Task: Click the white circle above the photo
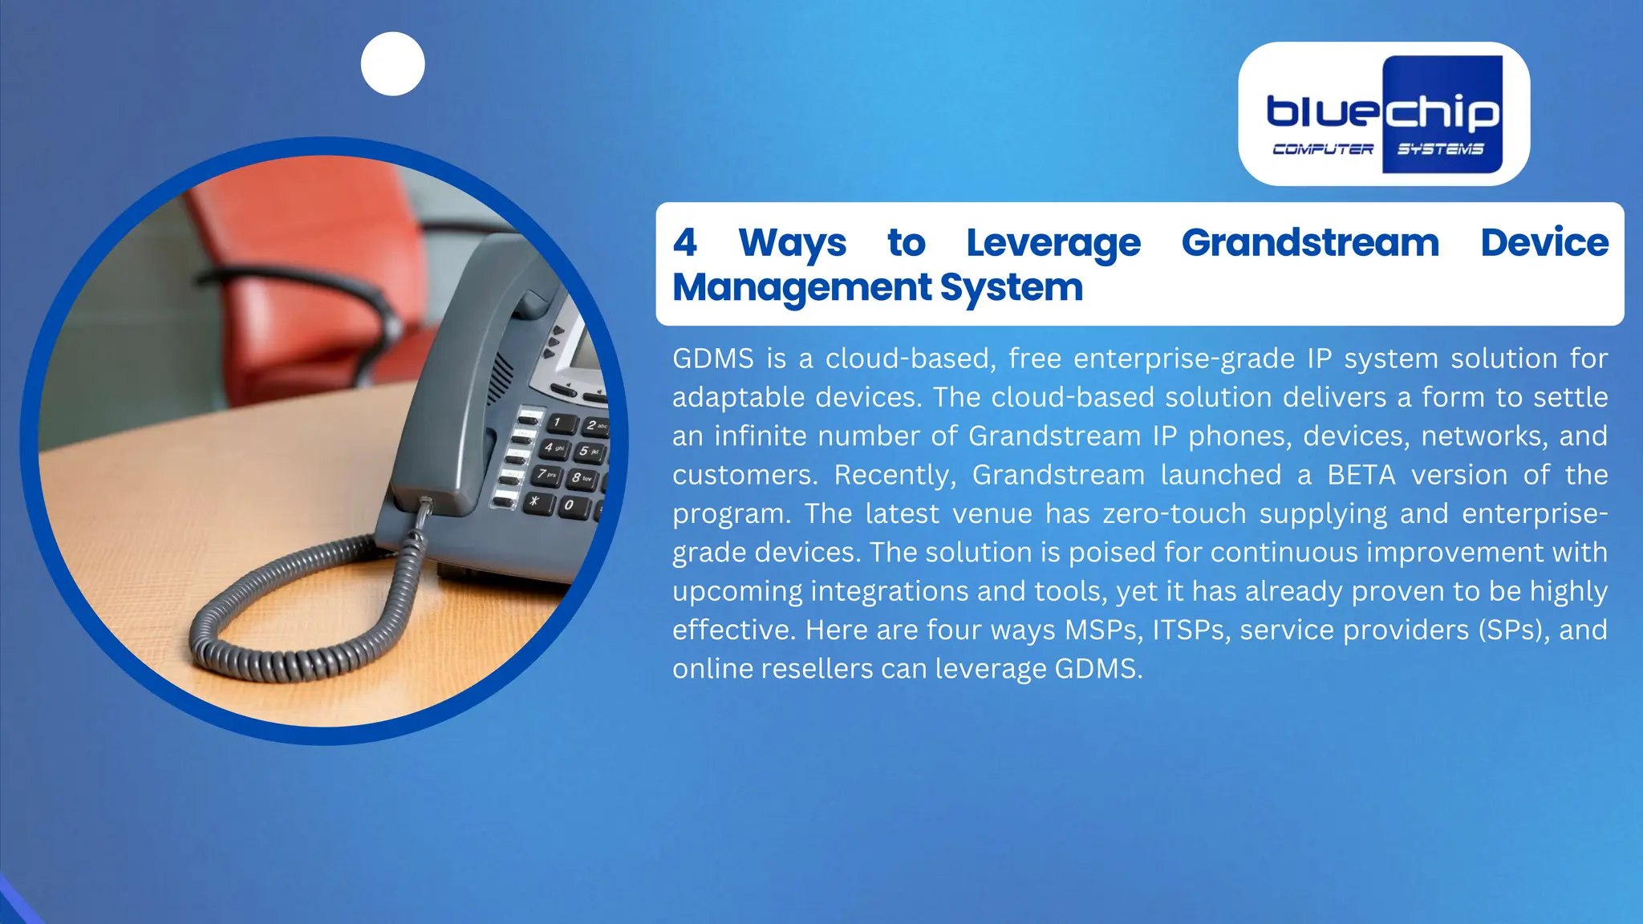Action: click(392, 64)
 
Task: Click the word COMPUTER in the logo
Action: click(1322, 149)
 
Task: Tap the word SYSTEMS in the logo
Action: click(1440, 149)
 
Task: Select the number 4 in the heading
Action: click(684, 242)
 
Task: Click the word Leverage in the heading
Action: click(1053, 243)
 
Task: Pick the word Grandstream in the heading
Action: click(1310, 242)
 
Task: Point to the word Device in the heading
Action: click(1544, 242)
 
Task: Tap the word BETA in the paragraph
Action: click(1361, 475)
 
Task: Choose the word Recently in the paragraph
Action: click(895, 475)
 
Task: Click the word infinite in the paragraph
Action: click(760, 436)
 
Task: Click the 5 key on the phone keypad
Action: click(587, 452)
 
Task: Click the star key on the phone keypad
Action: click(537, 502)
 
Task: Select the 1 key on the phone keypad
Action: click(559, 422)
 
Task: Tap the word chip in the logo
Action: click(1442, 112)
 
